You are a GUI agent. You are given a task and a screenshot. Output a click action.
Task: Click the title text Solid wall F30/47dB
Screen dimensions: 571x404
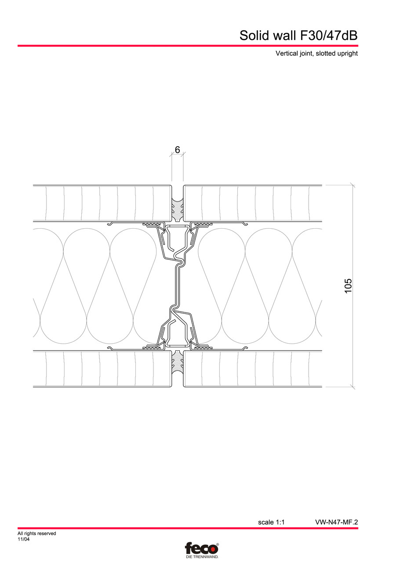(x=298, y=35)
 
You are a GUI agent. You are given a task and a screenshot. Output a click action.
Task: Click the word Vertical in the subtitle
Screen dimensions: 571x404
(x=287, y=54)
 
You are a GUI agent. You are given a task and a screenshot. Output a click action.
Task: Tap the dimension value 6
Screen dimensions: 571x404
(x=177, y=150)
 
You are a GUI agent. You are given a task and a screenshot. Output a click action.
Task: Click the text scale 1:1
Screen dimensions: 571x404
(x=271, y=522)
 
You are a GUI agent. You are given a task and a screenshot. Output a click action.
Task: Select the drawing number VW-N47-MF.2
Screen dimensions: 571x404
(x=336, y=522)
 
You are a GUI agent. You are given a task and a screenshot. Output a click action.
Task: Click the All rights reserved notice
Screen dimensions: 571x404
(x=37, y=534)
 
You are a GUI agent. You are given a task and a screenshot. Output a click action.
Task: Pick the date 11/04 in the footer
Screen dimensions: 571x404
(x=24, y=539)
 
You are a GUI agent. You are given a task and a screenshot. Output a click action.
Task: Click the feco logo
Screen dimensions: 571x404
(x=201, y=548)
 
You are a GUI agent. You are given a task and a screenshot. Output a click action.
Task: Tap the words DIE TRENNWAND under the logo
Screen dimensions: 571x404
(x=202, y=557)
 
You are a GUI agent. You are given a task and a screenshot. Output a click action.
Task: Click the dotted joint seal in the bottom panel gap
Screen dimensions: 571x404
(x=177, y=363)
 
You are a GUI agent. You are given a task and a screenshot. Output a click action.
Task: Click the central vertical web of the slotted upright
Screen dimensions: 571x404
(x=178, y=285)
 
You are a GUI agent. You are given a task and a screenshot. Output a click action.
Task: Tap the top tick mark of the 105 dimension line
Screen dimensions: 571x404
(x=353, y=185)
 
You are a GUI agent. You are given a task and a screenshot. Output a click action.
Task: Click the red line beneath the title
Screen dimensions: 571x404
(x=188, y=45)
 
